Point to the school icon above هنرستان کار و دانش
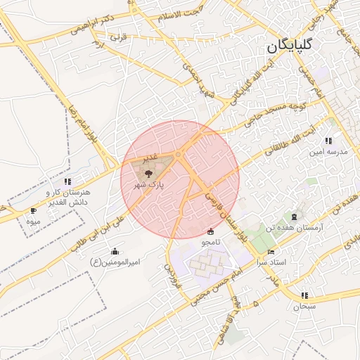67,181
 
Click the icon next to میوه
33,210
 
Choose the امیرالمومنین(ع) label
115,263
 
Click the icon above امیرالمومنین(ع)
115,251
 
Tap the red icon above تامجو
211,231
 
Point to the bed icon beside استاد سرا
271,252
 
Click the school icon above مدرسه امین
328,141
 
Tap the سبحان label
304,307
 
